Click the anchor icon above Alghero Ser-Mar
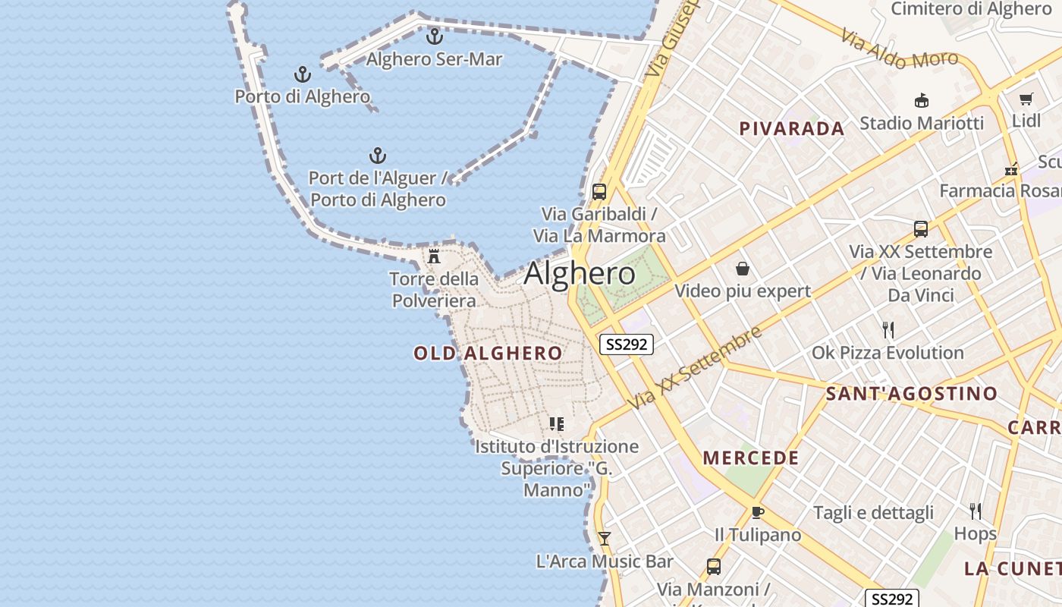[435, 36]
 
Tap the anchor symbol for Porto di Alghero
[303, 74]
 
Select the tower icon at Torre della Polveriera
[434, 256]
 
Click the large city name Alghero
[580, 274]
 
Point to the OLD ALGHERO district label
[488, 354]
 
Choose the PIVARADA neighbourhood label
[792, 129]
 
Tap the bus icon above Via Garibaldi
[599, 191]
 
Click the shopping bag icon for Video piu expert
[743, 269]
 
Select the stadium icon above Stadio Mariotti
[922, 100]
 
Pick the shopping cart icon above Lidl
[1026, 99]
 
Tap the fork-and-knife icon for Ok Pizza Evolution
[888, 330]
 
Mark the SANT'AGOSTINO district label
[911, 394]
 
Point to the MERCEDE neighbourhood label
[751, 458]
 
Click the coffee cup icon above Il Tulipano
[757, 512]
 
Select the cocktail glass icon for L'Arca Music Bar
[605, 539]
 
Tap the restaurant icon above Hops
[976, 511]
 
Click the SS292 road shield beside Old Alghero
[627, 344]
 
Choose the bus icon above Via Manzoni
[714, 566]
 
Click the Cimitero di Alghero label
[970, 9]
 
